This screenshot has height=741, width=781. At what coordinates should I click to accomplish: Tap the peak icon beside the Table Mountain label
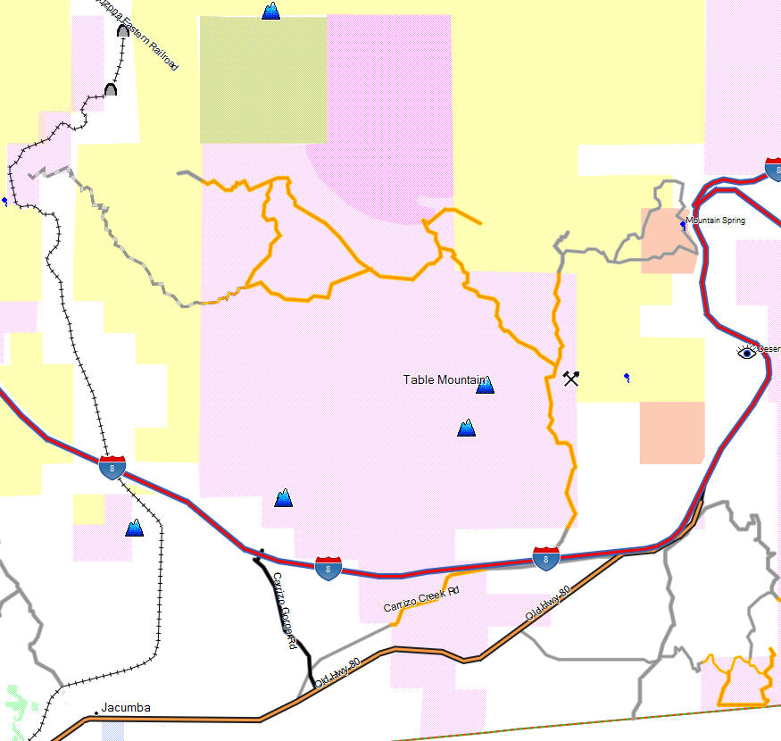(485, 385)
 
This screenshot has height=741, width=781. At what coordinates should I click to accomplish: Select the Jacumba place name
(126, 708)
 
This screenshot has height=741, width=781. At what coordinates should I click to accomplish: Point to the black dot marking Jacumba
(96, 712)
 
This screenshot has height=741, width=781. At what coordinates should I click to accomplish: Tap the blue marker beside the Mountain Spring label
(683, 225)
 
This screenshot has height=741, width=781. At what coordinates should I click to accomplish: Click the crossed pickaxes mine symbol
(571, 378)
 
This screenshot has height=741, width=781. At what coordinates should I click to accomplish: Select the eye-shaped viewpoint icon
(746, 353)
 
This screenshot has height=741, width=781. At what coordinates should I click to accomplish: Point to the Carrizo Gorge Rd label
(285, 610)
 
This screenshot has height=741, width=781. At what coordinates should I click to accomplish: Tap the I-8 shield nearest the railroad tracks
(112, 467)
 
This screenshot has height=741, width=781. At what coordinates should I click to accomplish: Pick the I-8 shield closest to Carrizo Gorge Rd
(328, 568)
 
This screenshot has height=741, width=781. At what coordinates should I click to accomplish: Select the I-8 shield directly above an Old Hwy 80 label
(545, 559)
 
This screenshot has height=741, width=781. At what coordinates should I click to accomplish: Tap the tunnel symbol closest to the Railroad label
(123, 31)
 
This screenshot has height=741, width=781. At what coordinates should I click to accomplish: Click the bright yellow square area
(262, 79)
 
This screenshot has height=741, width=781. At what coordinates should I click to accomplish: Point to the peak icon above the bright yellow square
(271, 11)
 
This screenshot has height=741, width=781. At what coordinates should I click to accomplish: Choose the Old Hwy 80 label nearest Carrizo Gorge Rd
(336, 670)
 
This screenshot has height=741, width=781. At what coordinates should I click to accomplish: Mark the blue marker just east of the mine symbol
(627, 378)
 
